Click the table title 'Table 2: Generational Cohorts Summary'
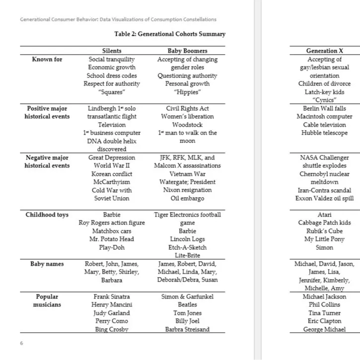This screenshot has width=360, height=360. [x=170, y=34]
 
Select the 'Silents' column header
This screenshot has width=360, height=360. [x=112, y=51]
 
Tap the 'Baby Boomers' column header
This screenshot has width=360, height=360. [x=187, y=51]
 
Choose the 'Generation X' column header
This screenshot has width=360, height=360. [x=324, y=51]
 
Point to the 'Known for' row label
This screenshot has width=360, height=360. [x=47, y=60]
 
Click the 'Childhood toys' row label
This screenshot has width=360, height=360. [x=47, y=215]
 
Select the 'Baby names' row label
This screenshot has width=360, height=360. [x=47, y=264]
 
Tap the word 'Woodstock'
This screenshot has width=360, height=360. [x=187, y=125]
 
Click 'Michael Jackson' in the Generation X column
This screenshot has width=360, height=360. [x=324, y=297]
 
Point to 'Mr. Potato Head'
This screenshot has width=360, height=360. [x=112, y=239]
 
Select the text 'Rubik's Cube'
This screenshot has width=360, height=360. [x=324, y=231]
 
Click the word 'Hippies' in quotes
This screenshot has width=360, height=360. [x=187, y=92]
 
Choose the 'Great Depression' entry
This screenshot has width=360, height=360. [x=112, y=158]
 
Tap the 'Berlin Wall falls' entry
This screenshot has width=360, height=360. [x=324, y=109]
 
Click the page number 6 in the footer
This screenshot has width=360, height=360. [x=21, y=343]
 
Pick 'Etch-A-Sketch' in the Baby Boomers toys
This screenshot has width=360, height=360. [x=187, y=247]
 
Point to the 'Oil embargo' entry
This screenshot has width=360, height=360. [x=187, y=199]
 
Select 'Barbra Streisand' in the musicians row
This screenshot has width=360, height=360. [x=187, y=329]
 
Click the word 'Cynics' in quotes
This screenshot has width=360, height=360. [x=324, y=100]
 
